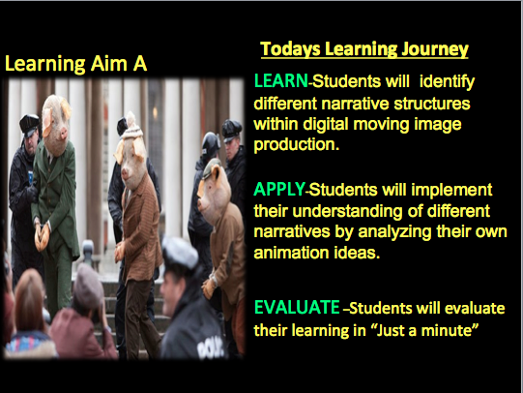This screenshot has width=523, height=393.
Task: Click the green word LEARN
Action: point(280,80)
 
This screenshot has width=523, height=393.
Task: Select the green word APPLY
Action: point(279,190)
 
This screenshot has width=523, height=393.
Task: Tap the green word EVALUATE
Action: point(297,307)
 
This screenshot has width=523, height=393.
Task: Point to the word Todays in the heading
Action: point(291,49)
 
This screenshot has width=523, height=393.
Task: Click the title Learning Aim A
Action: point(75,64)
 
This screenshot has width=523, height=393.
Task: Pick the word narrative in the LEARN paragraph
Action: point(355,104)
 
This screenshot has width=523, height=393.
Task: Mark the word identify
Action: point(447,82)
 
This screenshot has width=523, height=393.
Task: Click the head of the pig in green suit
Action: point(57,125)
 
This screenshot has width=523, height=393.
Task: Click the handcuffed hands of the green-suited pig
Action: point(42,237)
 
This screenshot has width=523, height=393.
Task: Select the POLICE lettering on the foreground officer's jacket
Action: point(210,348)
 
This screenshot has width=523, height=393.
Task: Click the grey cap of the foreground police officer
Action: point(180,253)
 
